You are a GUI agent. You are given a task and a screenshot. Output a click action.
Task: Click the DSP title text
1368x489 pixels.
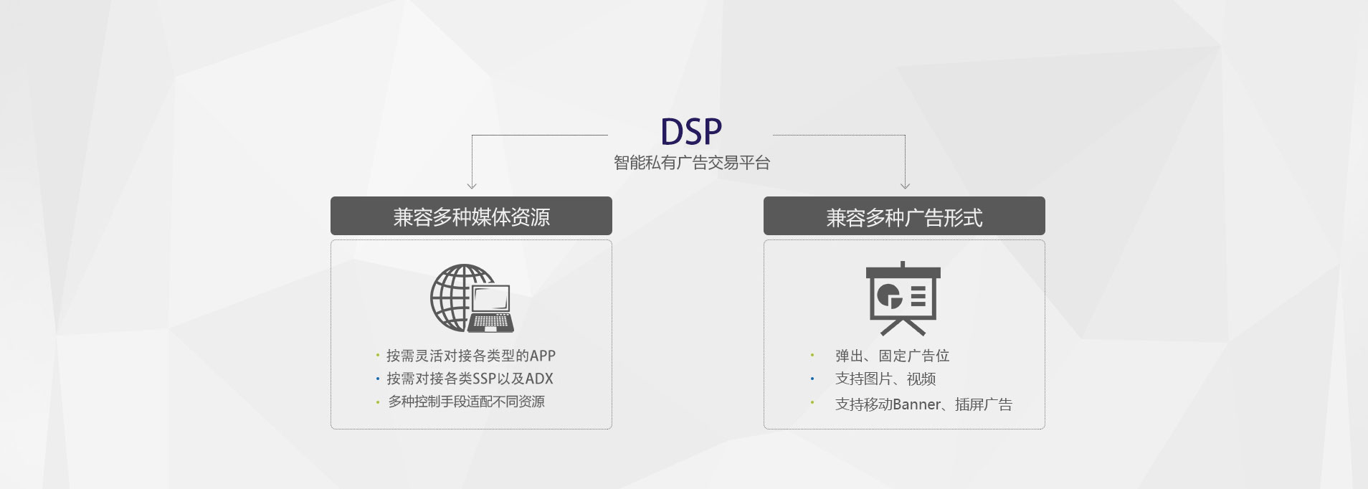(x=690, y=131)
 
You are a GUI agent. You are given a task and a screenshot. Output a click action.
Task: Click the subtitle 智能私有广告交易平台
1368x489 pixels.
(x=691, y=163)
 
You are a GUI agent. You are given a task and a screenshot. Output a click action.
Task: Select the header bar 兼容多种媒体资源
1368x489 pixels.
(x=471, y=217)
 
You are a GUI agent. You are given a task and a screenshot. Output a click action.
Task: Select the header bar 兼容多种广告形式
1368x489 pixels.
(x=904, y=217)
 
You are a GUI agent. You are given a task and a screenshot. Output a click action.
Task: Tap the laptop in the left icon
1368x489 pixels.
(x=492, y=310)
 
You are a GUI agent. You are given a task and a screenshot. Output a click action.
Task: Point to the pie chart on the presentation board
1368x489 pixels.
(x=889, y=295)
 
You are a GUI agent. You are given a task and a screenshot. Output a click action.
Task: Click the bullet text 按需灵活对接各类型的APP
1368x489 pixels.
(x=470, y=356)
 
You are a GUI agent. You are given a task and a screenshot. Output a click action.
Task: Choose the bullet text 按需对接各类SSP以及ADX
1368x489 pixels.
(x=470, y=379)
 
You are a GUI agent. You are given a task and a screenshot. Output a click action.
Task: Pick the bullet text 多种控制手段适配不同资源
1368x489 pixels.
(x=466, y=402)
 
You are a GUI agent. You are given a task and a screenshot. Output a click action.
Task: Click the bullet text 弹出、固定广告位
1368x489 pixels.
(x=892, y=356)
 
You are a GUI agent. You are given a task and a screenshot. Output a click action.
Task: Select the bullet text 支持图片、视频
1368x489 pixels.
(x=885, y=379)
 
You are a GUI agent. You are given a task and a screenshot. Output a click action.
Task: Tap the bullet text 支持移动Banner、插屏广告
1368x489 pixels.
(x=923, y=404)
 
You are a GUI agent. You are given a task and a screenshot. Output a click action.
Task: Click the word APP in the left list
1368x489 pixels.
(x=543, y=356)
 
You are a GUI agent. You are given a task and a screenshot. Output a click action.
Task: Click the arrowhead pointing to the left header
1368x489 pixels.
(x=472, y=186)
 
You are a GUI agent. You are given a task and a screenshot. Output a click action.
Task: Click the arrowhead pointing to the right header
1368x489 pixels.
(x=905, y=186)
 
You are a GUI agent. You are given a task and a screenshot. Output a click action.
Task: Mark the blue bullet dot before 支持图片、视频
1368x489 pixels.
(x=812, y=379)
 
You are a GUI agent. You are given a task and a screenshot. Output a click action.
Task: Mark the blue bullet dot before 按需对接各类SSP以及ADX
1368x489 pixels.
(x=378, y=379)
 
